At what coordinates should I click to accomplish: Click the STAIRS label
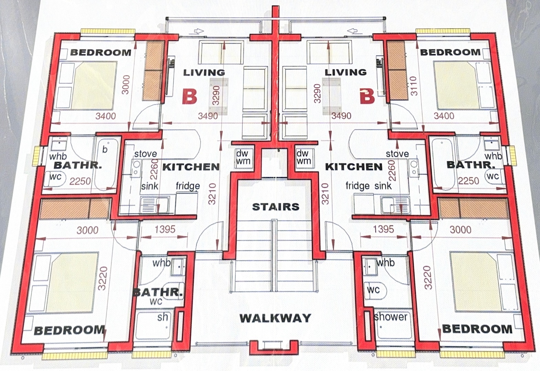[276, 206]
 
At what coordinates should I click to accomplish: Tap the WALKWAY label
[275, 318]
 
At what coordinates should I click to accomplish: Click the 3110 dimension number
[414, 86]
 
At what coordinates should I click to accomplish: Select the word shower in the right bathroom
[391, 317]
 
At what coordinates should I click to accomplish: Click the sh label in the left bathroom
[162, 317]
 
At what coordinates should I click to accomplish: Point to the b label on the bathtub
[105, 149]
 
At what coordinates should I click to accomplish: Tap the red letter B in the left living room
[190, 97]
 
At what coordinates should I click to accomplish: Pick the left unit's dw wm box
[244, 158]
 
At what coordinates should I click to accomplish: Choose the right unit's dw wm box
[304, 158]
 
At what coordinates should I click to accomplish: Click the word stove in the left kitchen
[145, 154]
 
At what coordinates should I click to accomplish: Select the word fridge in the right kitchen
[357, 185]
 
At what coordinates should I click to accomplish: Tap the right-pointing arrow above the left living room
[199, 31]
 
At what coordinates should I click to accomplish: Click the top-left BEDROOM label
[101, 52]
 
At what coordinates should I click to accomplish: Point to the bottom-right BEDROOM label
[477, 329]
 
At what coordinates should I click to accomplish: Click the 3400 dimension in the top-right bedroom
[444, 116]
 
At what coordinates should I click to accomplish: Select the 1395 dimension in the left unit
[165, 229]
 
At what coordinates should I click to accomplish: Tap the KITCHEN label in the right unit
[354, 167]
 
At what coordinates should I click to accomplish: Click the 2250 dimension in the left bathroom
[80, 181]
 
